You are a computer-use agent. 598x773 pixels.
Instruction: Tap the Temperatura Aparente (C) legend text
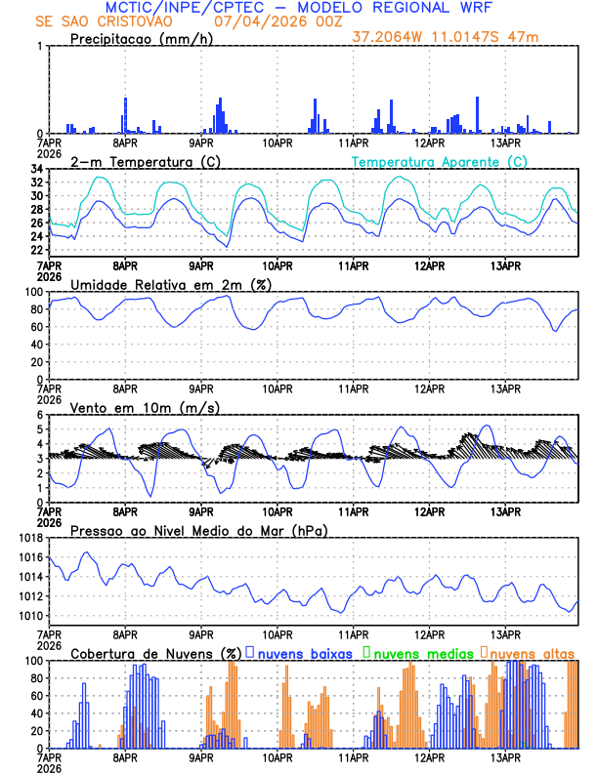pyautogui.click(x=439, y=161)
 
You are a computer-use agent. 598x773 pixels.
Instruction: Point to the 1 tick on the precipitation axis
pyautogui.click(x=40, y=46)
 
